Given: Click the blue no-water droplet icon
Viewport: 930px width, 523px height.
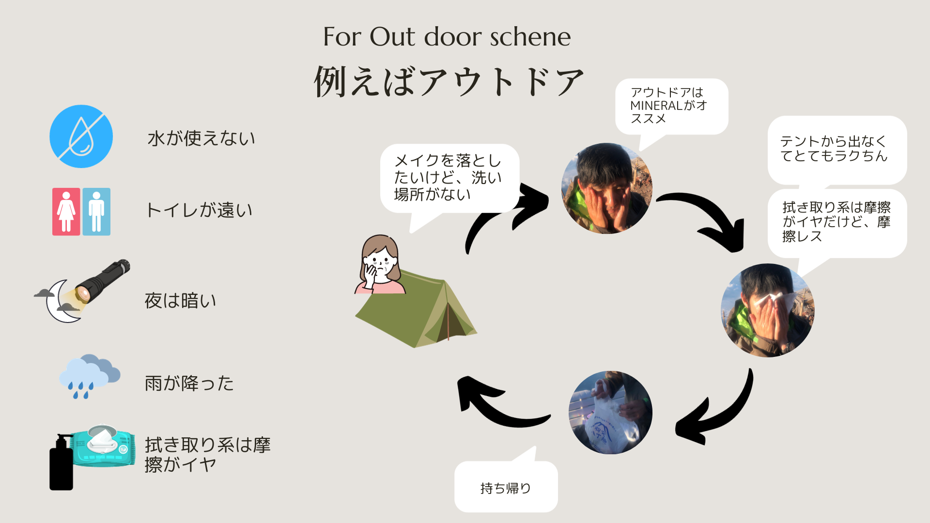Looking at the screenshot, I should coord(81,137).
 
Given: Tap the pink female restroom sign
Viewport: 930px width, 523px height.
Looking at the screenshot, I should coord(66,212).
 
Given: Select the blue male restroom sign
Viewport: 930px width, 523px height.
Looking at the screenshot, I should coord(96,212).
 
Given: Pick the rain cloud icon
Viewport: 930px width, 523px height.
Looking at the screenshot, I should coord(89,375).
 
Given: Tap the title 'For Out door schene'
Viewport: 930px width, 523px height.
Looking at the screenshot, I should coord(447,37).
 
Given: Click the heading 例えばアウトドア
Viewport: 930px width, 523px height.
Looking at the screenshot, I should coord(449,81).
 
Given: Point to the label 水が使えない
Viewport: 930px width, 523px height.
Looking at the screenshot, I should coord(201,138).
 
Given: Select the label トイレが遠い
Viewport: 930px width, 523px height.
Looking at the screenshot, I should coord(199,210).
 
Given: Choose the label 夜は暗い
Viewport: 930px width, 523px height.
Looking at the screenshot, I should coord(180,301).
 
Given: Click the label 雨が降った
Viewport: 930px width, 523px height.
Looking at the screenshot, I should coord(189,384).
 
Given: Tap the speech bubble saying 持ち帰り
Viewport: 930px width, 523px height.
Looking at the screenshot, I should coord(506,487).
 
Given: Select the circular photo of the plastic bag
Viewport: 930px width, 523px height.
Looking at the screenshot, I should coord(610,413).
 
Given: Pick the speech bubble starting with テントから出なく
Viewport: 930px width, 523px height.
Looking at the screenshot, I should coord(837,149).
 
